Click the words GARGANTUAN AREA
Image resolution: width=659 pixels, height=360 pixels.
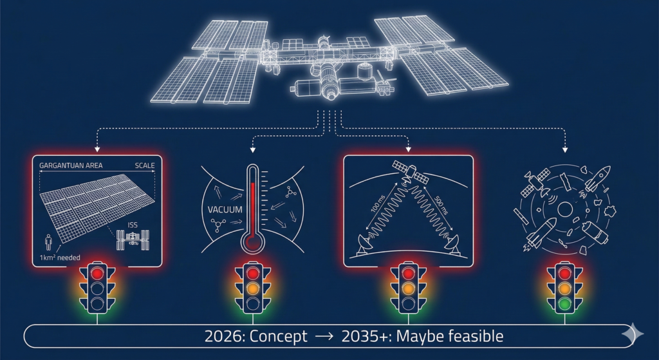(71, 166)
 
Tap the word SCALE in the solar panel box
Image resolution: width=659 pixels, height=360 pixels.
(145, 166)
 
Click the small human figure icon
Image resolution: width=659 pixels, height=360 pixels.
(48, 243)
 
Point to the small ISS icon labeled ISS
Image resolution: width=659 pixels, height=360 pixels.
(133, 240)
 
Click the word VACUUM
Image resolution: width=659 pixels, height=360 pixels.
(225, 209)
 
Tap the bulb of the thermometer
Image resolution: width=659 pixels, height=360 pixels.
(252, 243)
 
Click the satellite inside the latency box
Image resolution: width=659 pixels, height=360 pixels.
(410, 173)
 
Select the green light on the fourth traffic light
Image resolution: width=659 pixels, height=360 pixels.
(564, 303)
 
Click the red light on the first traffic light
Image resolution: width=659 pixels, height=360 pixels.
(98, 273)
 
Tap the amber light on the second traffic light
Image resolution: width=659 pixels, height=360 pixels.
(252, 288)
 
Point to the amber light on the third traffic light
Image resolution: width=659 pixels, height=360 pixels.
(407, 288)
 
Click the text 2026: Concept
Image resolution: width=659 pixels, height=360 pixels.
(255, 336)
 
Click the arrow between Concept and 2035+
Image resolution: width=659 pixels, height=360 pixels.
(324, 337)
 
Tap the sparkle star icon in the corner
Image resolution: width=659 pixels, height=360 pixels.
(633, 334)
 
